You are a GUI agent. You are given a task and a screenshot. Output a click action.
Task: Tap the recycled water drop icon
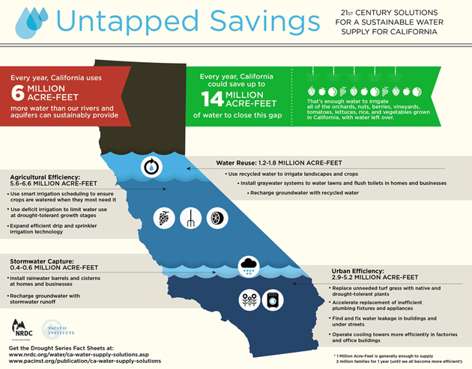pyautogui.click(x=152, y=166)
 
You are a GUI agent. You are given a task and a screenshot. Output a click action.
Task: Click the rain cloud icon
pyautogui.click(x=248, y=266)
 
